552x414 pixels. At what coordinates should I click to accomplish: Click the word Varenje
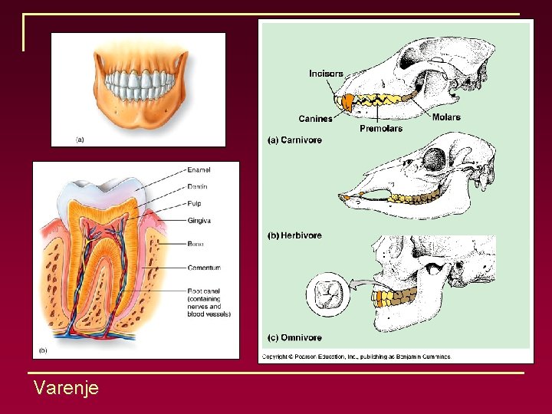click(x=66, y=389)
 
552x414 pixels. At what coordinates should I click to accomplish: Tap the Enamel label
click(x=199, y=170)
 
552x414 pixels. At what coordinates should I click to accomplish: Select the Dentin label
click(x=197, y=187)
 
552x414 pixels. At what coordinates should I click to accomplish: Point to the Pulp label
click(x=195, y=204)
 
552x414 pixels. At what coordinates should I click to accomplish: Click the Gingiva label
click(x=199, y=221)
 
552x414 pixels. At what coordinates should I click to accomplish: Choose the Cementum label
click(x=204, y=268)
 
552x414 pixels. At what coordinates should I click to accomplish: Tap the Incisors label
click(x=326, y=74)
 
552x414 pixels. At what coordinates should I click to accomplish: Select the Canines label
click(x=315, y=119)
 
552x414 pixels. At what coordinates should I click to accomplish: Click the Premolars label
click(x=381, y=129)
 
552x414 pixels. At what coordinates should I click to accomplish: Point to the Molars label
click(x=446, y=117)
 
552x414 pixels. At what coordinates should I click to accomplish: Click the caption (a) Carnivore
click(x=294, y=140)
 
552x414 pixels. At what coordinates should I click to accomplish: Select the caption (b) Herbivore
click(x=294, y=235)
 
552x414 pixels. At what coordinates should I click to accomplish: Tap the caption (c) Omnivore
click(x=294, y=338)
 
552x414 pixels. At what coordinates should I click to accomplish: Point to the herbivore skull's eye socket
click(x=435, y=160)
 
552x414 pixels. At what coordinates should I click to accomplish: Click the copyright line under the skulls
click(x=357, y=356)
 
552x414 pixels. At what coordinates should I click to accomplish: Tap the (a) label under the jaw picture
click(x=80, y=140)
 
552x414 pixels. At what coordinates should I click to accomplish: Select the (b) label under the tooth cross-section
click(x=41, y=350)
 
